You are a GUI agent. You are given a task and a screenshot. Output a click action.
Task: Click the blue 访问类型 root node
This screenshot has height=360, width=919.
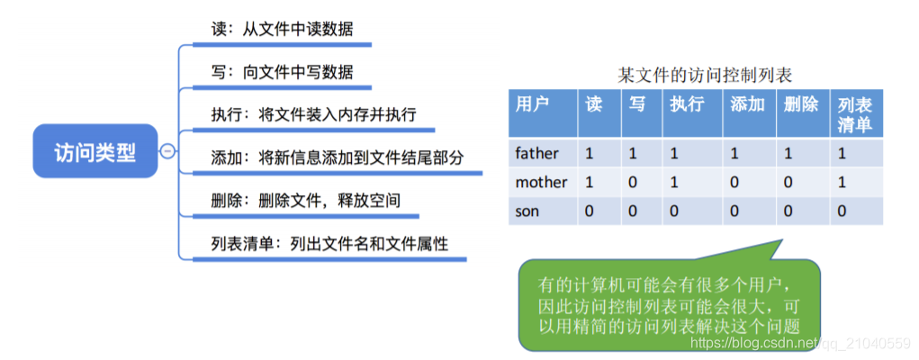coord(95,151)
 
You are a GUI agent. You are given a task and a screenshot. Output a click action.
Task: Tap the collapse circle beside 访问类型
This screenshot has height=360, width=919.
coord(167,151)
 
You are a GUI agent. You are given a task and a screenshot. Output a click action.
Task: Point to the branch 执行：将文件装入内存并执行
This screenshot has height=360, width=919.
coord(309,115)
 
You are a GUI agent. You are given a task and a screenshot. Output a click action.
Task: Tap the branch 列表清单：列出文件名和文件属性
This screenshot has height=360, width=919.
coord(329,243)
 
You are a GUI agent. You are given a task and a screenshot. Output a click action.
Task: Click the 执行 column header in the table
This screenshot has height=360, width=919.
coord(687,104)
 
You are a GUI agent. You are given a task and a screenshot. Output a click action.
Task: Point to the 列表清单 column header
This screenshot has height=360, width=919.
coord(854,113)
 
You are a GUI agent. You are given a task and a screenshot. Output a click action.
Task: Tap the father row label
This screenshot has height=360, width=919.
coord(537,153)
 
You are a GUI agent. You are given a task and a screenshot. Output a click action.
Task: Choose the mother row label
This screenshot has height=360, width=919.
coord(541,182)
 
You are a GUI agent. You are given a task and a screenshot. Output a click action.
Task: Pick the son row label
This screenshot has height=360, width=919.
coord(527,211)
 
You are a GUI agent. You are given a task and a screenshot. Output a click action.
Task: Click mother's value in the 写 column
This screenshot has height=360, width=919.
coord(633,182)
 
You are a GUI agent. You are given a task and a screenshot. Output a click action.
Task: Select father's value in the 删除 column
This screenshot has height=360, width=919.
coord(788,153)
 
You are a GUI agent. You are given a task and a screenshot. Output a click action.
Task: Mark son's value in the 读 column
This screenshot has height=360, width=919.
coord(590,211)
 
